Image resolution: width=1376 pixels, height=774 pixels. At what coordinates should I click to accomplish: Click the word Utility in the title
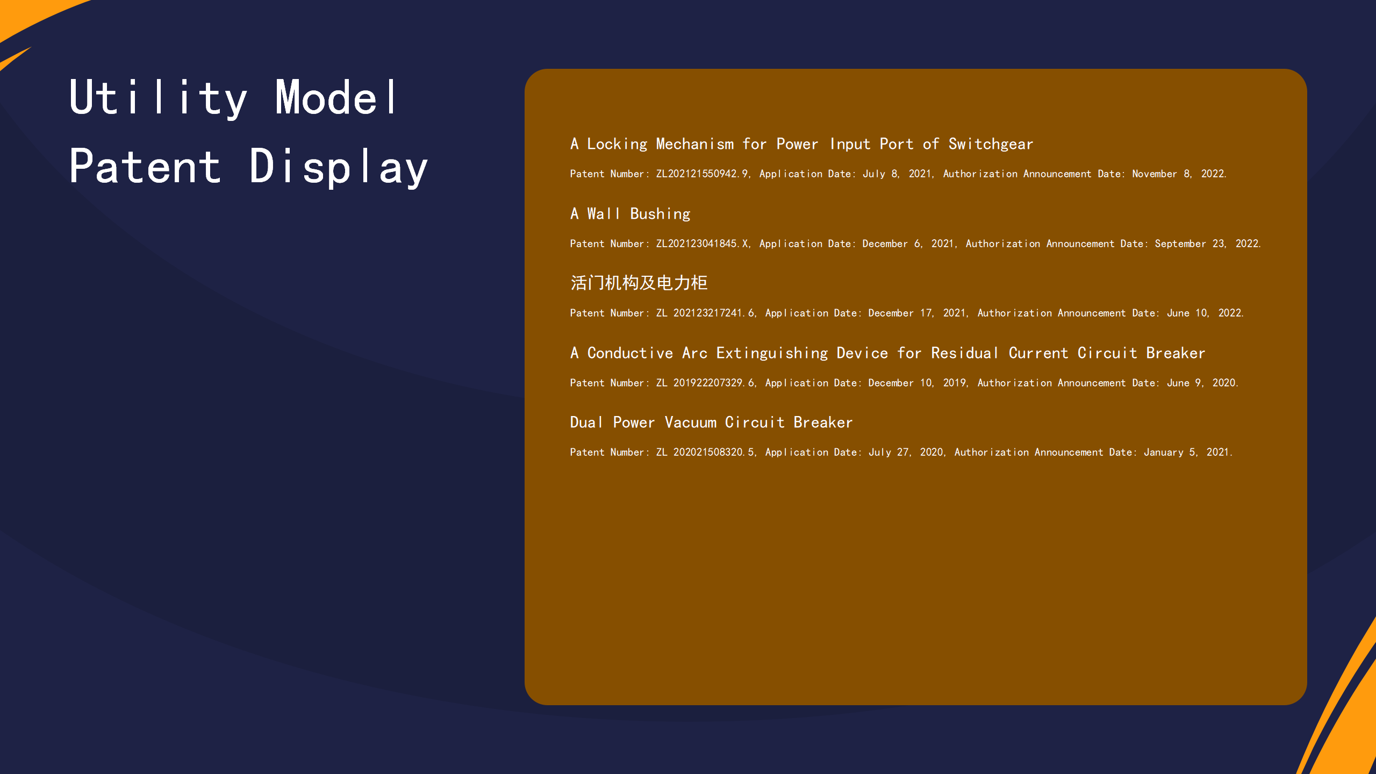coord(159,98)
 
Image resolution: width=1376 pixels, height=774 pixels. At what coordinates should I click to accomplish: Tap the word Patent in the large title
coord(145,166)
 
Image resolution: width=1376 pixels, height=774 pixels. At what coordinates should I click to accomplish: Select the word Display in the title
coord(339,168)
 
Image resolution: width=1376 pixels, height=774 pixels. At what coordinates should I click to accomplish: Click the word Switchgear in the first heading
coord(991,144)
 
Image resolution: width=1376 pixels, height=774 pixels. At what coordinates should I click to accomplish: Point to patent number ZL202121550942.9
coord(701,174)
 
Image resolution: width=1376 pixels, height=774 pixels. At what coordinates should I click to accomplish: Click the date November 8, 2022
coord(1179,174)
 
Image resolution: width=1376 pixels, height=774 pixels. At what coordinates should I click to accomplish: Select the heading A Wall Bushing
coord(630,214)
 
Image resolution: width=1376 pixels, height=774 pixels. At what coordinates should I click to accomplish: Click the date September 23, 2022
coord(1207,243)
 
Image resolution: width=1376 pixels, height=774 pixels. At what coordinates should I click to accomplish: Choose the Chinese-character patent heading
coord(639,283)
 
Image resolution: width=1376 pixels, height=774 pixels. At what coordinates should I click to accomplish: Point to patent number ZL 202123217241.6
coord(706,313)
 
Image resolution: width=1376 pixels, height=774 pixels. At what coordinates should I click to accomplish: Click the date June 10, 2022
coord(1205,313)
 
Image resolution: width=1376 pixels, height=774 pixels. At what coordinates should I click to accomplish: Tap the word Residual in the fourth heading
coord(965,353)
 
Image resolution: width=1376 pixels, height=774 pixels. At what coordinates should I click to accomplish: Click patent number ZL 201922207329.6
coord(706,383)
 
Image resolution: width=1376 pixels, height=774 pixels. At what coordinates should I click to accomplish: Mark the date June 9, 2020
coord(1202,383)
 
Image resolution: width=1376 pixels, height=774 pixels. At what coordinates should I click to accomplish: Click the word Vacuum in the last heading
coord(690,422)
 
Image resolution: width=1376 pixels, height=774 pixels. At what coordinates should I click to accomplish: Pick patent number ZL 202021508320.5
coord(706,452)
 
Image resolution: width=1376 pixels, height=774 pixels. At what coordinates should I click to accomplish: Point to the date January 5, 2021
coord(1187,452)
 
